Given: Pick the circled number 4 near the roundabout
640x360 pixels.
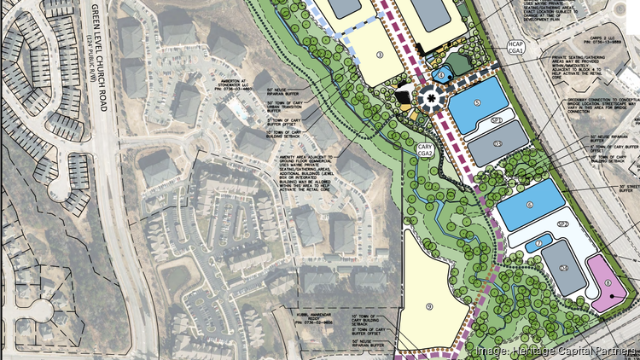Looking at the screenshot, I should click(441, 75).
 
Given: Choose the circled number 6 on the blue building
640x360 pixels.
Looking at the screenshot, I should click(529, 206).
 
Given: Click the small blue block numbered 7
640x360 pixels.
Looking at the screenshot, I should click(539, 244).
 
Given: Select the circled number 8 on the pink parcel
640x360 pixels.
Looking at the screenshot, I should click(608, 285).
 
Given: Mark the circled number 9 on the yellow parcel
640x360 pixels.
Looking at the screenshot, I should click(429, 305).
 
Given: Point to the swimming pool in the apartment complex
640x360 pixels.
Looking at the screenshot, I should click(242, 112).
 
